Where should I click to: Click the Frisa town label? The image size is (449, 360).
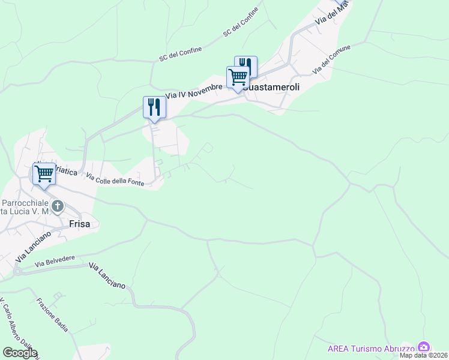(79, 224)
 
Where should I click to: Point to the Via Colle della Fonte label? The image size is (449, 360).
(115, 179)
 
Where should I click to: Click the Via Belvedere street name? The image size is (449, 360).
(55, 261)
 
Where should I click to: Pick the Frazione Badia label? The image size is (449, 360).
(52, 315)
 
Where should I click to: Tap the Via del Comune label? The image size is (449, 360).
(331, 59)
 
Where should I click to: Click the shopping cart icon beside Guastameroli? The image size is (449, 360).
(238, 77)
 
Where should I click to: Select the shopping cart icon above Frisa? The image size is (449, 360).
(44, 174)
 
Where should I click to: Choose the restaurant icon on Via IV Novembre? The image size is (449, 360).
(154, 107)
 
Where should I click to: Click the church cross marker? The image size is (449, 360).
(58, 207)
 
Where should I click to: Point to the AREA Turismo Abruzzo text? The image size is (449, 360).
(371, 349)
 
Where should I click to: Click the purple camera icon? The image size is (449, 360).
(424, 347)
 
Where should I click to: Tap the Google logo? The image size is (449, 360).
(19, 352)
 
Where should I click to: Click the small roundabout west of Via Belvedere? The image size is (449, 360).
(17, 271)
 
